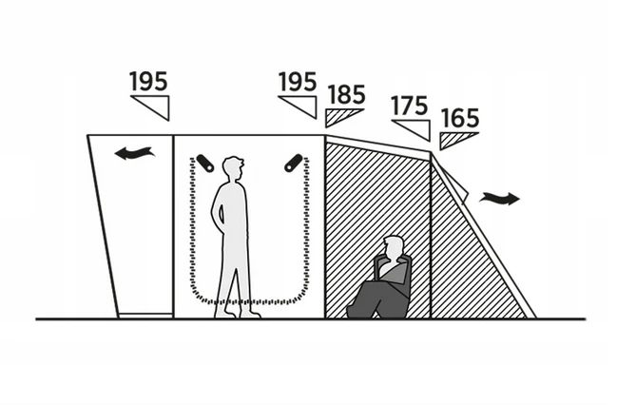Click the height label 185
click(x=346, y=94)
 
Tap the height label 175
click(x=409, y=106)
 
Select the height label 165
click(x=459, y=118)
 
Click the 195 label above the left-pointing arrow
click(x=148, y=82)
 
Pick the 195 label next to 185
click(x=298, y=82)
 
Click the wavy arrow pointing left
click(x=134, y=153)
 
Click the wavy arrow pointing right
click(x=499, y=199)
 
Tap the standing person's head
click(x=233, y=167)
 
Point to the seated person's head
click(x=395, y=247)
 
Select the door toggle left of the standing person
click(x=205, y=163)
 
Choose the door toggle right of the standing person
click(x=294, y=163)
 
